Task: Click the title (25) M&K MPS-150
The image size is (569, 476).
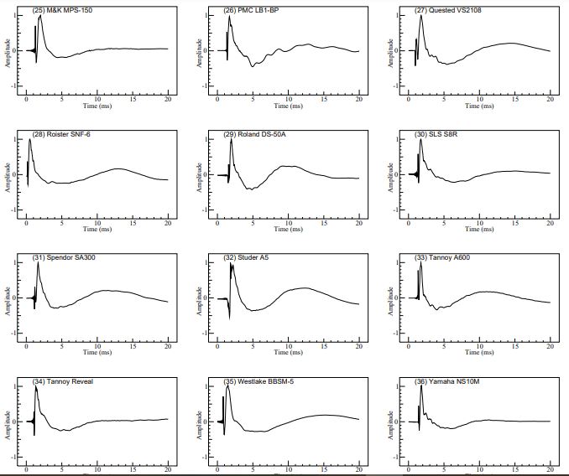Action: coord(62,10)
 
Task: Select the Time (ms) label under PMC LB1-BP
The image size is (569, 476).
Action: coord(288,106)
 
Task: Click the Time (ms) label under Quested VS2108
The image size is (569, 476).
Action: coord(479,106)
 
